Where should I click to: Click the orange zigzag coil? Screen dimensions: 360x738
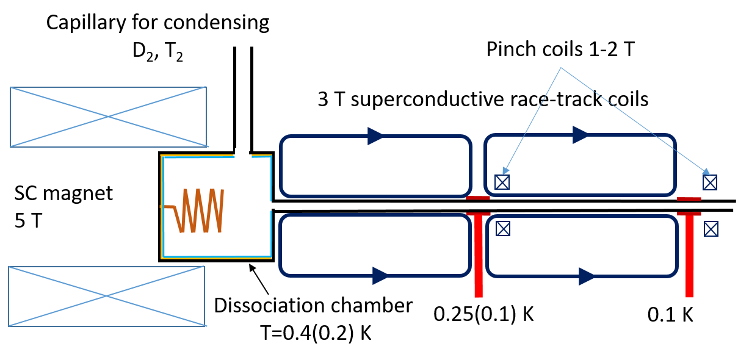click(201, 211)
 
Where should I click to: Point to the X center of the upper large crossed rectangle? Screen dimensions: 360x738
click(108, 117)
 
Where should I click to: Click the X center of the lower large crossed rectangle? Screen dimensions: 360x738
click(107, 296)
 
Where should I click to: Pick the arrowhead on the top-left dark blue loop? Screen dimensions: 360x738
click(375, 136)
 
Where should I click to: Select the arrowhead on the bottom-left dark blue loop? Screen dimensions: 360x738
click(380, 276)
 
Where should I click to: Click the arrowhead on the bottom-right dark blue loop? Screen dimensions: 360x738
click(587, 276)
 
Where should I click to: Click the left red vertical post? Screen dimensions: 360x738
click(479, 256)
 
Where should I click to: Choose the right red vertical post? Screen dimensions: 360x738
click(689, 256)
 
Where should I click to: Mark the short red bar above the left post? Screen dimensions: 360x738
click(478, 198)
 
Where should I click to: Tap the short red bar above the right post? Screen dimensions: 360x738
click(689, 199)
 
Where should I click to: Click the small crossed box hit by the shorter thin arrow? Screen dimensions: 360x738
click(502, 182)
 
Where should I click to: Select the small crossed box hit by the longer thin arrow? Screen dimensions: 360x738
click(710, 182)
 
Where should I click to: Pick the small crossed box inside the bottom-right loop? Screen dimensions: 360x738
click(502, 229)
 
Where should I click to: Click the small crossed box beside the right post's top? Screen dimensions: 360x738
click(711, 229)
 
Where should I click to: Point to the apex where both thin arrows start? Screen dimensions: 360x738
click(561, 68)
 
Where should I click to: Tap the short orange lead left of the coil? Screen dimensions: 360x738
click(167, 207)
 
